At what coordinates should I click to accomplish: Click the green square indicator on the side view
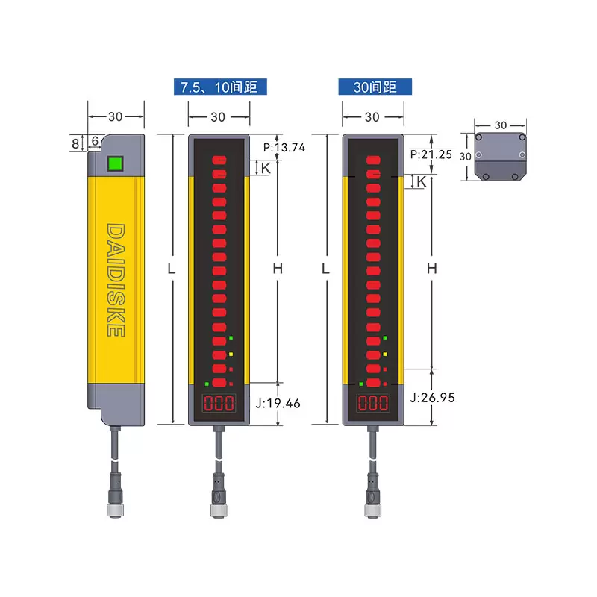[115, 163]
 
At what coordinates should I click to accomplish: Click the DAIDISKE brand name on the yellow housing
[116, 280]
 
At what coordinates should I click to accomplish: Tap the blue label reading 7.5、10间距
[220, 87]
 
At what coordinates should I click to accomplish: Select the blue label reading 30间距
[375, 87]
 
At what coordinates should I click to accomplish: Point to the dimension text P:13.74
[284, 147]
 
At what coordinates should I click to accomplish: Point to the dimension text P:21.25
[431, 154]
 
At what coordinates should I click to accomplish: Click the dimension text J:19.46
[278, 403]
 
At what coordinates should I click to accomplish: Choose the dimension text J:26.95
[433, 398]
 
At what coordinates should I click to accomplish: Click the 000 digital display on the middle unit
[219, 403]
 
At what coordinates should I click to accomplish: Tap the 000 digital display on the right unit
[372, 403]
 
